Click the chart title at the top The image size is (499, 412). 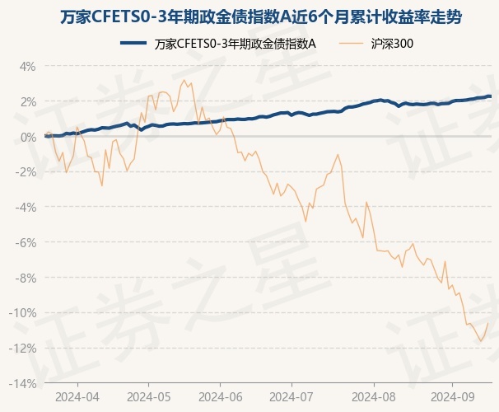point(249,16)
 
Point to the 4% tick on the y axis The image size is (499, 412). point(28,66)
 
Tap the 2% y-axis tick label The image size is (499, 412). point(28,101)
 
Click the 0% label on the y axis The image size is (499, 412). point(28,137)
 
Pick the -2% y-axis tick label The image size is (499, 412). point(26,172)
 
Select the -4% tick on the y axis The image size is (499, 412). point(26,207)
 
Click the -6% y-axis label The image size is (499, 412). point(26,242)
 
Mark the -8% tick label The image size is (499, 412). point(26,278)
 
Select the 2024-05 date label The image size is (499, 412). point(149,396)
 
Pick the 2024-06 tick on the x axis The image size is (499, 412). point(221,396)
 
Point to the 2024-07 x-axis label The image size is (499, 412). point(292,396)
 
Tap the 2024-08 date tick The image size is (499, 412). point(373,396)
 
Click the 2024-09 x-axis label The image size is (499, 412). point(452,396)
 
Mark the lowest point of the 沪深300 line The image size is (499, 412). point(481,341)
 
